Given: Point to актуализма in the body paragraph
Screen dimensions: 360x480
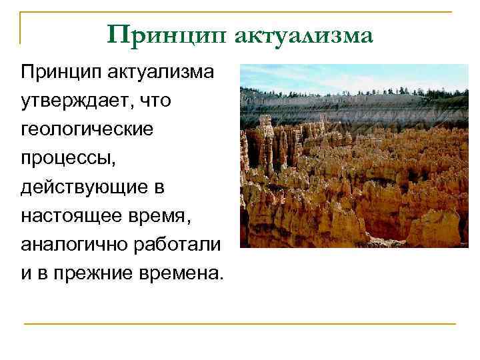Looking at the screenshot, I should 159,71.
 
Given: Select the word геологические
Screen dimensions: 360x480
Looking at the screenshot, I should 87,130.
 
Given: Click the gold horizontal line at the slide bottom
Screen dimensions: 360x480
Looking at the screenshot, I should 240,324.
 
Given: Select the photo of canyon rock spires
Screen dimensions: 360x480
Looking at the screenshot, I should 354,156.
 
